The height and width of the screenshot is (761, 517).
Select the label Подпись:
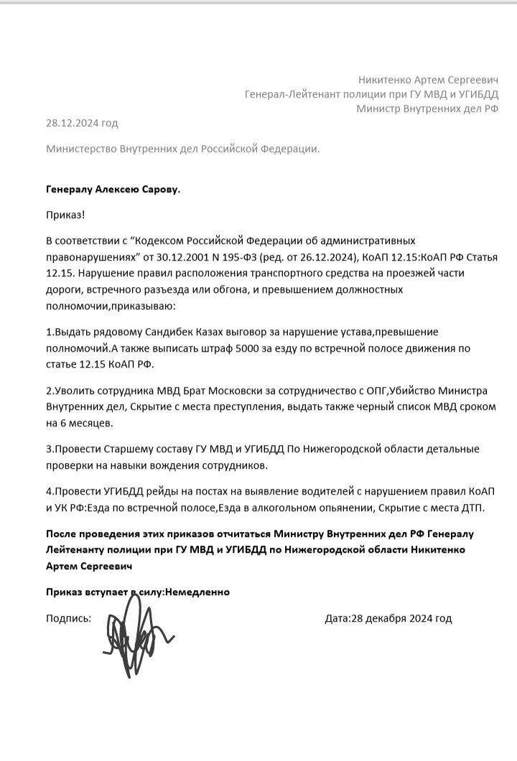[x=68, y=618]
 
